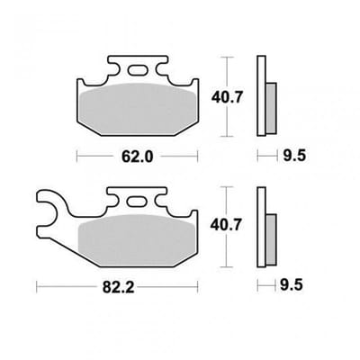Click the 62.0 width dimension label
137,157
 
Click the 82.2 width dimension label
119,287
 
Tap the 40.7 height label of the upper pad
226,97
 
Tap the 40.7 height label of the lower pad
226,225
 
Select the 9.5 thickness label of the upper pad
294,156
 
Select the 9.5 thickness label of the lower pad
292,285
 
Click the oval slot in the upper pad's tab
138,70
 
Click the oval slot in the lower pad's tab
138,202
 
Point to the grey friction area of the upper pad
138,109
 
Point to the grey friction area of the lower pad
137,240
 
